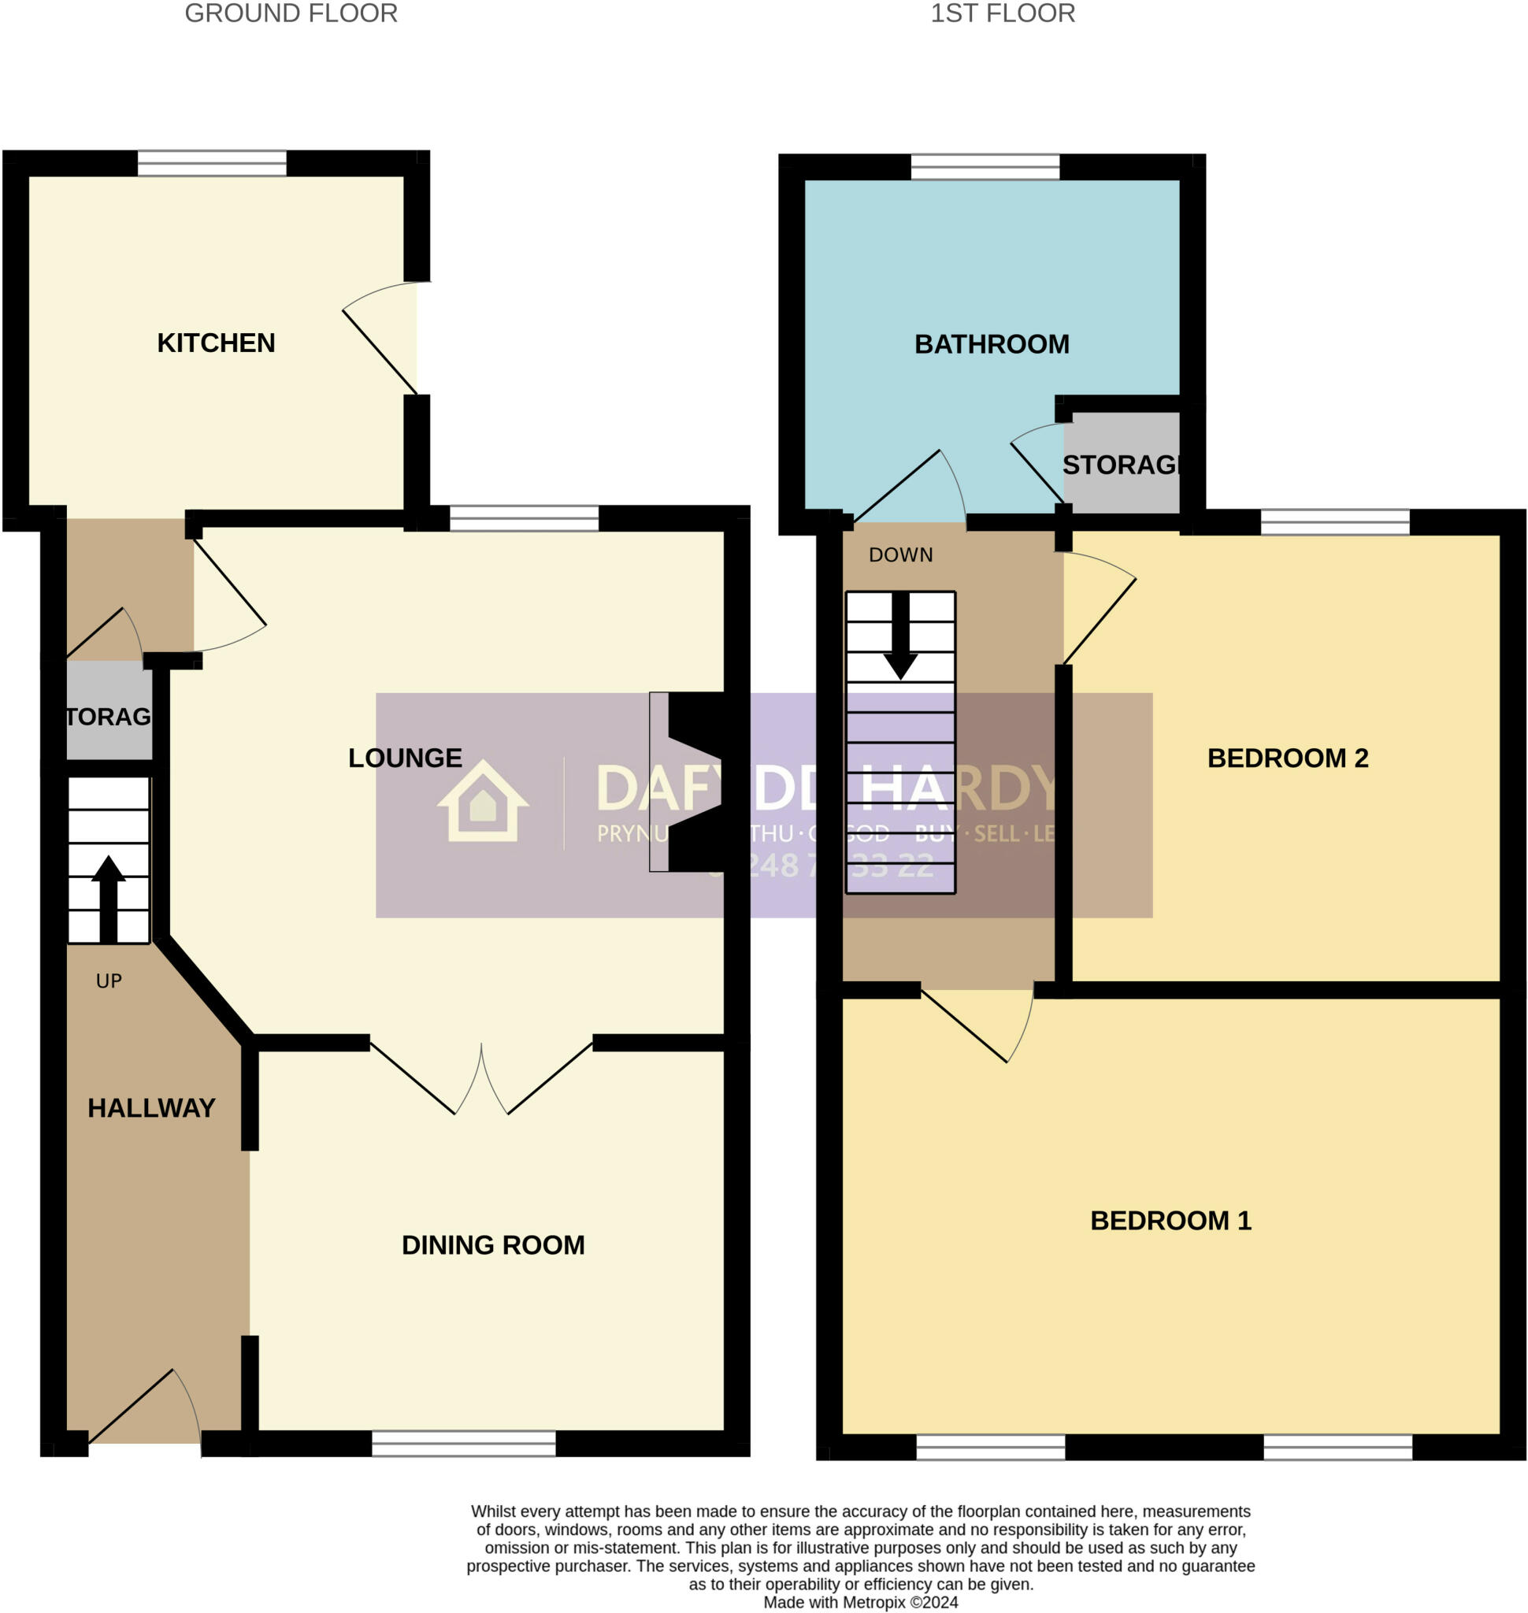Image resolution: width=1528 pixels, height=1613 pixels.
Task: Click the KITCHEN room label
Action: click(x=216, y=343)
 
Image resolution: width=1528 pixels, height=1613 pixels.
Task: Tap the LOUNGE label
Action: click(x=405, y=758)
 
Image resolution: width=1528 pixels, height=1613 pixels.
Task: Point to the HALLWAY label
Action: click(x=151, y=1108)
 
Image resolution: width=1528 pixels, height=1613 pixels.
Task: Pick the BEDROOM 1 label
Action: click(x=1170, y=1220)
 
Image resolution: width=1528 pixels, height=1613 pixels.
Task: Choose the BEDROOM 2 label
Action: click(x=1287, y=758)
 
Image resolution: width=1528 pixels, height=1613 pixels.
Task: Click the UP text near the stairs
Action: click(x=109, y=981)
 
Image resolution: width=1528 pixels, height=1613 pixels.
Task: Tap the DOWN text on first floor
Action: click(x=900, y=554)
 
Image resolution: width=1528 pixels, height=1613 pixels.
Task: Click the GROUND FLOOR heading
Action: click(x=291, y=14)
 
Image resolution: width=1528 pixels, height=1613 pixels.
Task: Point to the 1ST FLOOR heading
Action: click(x=1003, y=14)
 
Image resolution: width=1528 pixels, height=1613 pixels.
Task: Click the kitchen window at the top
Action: click(x=212, y=163)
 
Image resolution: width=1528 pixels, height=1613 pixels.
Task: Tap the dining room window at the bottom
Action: click(x=463, y=1444)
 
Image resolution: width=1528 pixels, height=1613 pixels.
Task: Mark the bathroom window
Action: click(x=985, y=167)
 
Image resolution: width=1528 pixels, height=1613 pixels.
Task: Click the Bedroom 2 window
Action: click(x=1335, y=522)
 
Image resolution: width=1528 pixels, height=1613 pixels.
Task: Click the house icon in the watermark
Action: click(x=483, y=802)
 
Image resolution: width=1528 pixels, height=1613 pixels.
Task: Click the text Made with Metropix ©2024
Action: click(x=860, y=1603)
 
